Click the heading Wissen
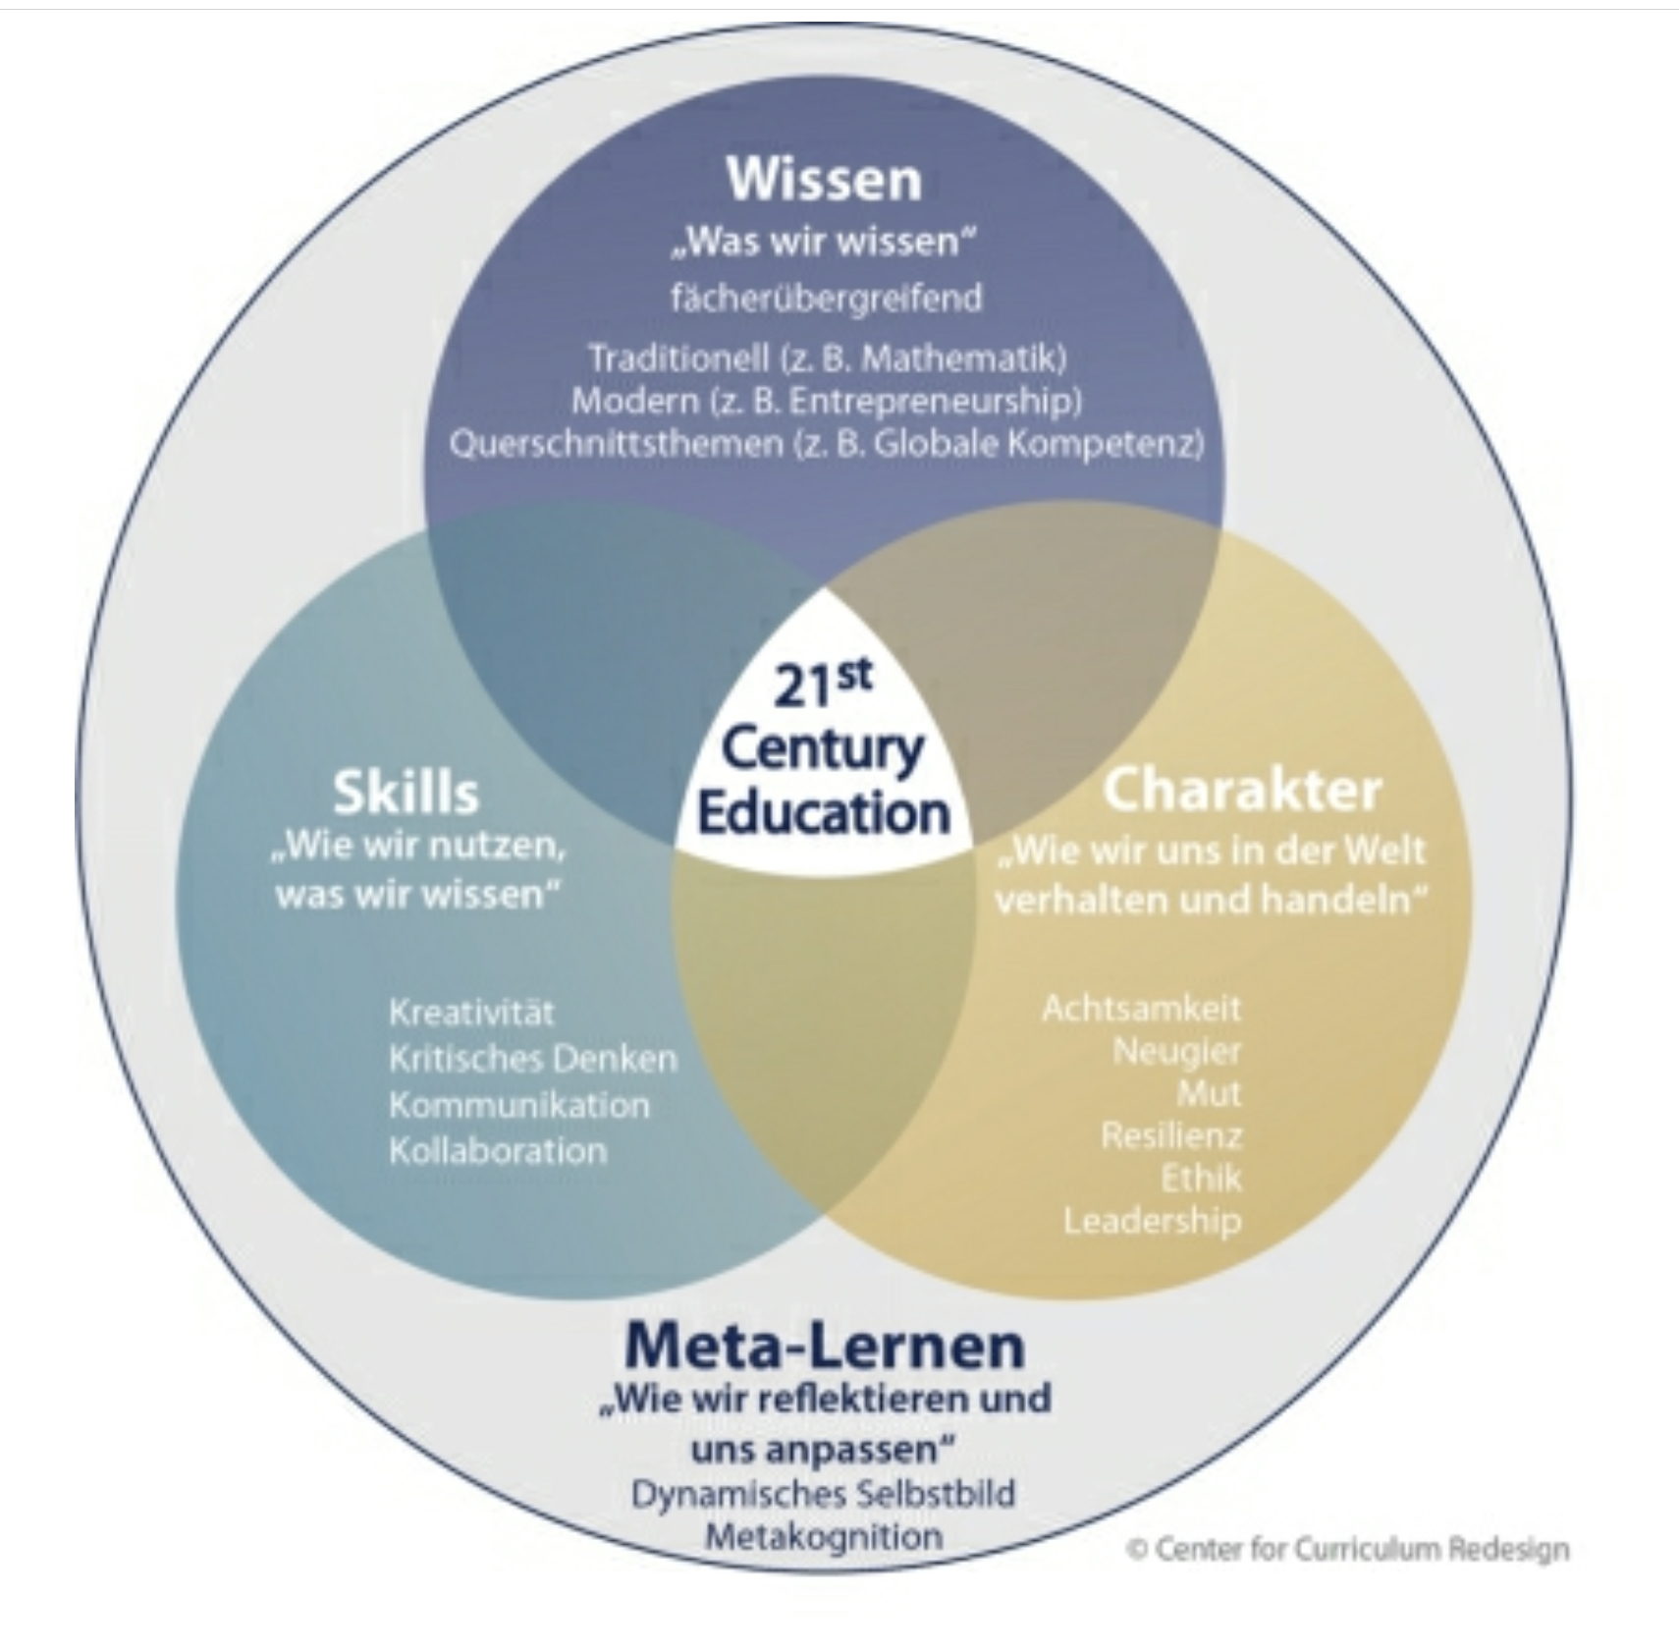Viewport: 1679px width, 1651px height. tap(824, 180)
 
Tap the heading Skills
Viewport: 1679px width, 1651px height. tap(406, 792)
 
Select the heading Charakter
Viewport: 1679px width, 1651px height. tap(1242, 790)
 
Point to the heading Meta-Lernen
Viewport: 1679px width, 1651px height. tap(824, 1345)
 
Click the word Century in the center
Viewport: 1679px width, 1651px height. tap(823, 749)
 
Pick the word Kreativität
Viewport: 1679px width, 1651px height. tap(471, 1012)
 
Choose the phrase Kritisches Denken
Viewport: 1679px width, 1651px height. tap(532, 1058)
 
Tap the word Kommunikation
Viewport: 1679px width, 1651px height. tap(518, 1104)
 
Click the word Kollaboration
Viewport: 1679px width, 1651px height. tap(498, 1150)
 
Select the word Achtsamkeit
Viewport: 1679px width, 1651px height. tap(1141, 1008)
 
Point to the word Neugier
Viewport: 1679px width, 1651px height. tap(1176, 1051)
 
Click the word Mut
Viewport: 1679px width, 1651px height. tap(1209, 1093)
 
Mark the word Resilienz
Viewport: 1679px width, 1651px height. tap(1171, 1135)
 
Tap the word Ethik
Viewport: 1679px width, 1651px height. tap(1201, 1178)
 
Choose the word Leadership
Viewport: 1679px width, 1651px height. tap(1152, 1221)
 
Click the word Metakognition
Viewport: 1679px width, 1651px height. tap(824, 1536)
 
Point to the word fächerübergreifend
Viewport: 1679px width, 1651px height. tap(826, 298)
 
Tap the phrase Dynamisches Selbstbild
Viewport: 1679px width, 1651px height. tap(823, 1494)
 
